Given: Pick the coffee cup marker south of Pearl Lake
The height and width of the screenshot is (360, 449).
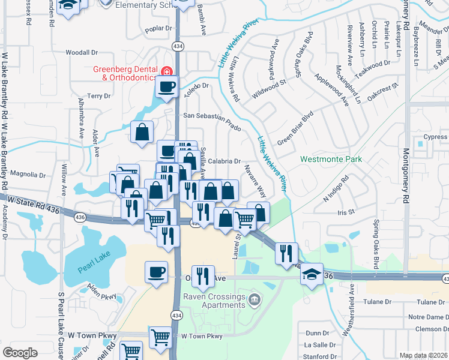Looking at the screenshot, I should (156, 272).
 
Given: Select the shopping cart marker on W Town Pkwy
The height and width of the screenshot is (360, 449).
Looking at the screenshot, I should (160, 337).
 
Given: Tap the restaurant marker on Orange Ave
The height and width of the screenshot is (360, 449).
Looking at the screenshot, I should (203, 275).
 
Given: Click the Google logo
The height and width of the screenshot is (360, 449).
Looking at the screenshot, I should (20, 353).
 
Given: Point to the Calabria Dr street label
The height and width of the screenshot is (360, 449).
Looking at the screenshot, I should (226, 161).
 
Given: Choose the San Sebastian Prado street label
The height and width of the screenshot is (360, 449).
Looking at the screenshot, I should (212, 120).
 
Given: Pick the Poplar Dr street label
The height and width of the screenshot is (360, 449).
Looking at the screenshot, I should (158, 28).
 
